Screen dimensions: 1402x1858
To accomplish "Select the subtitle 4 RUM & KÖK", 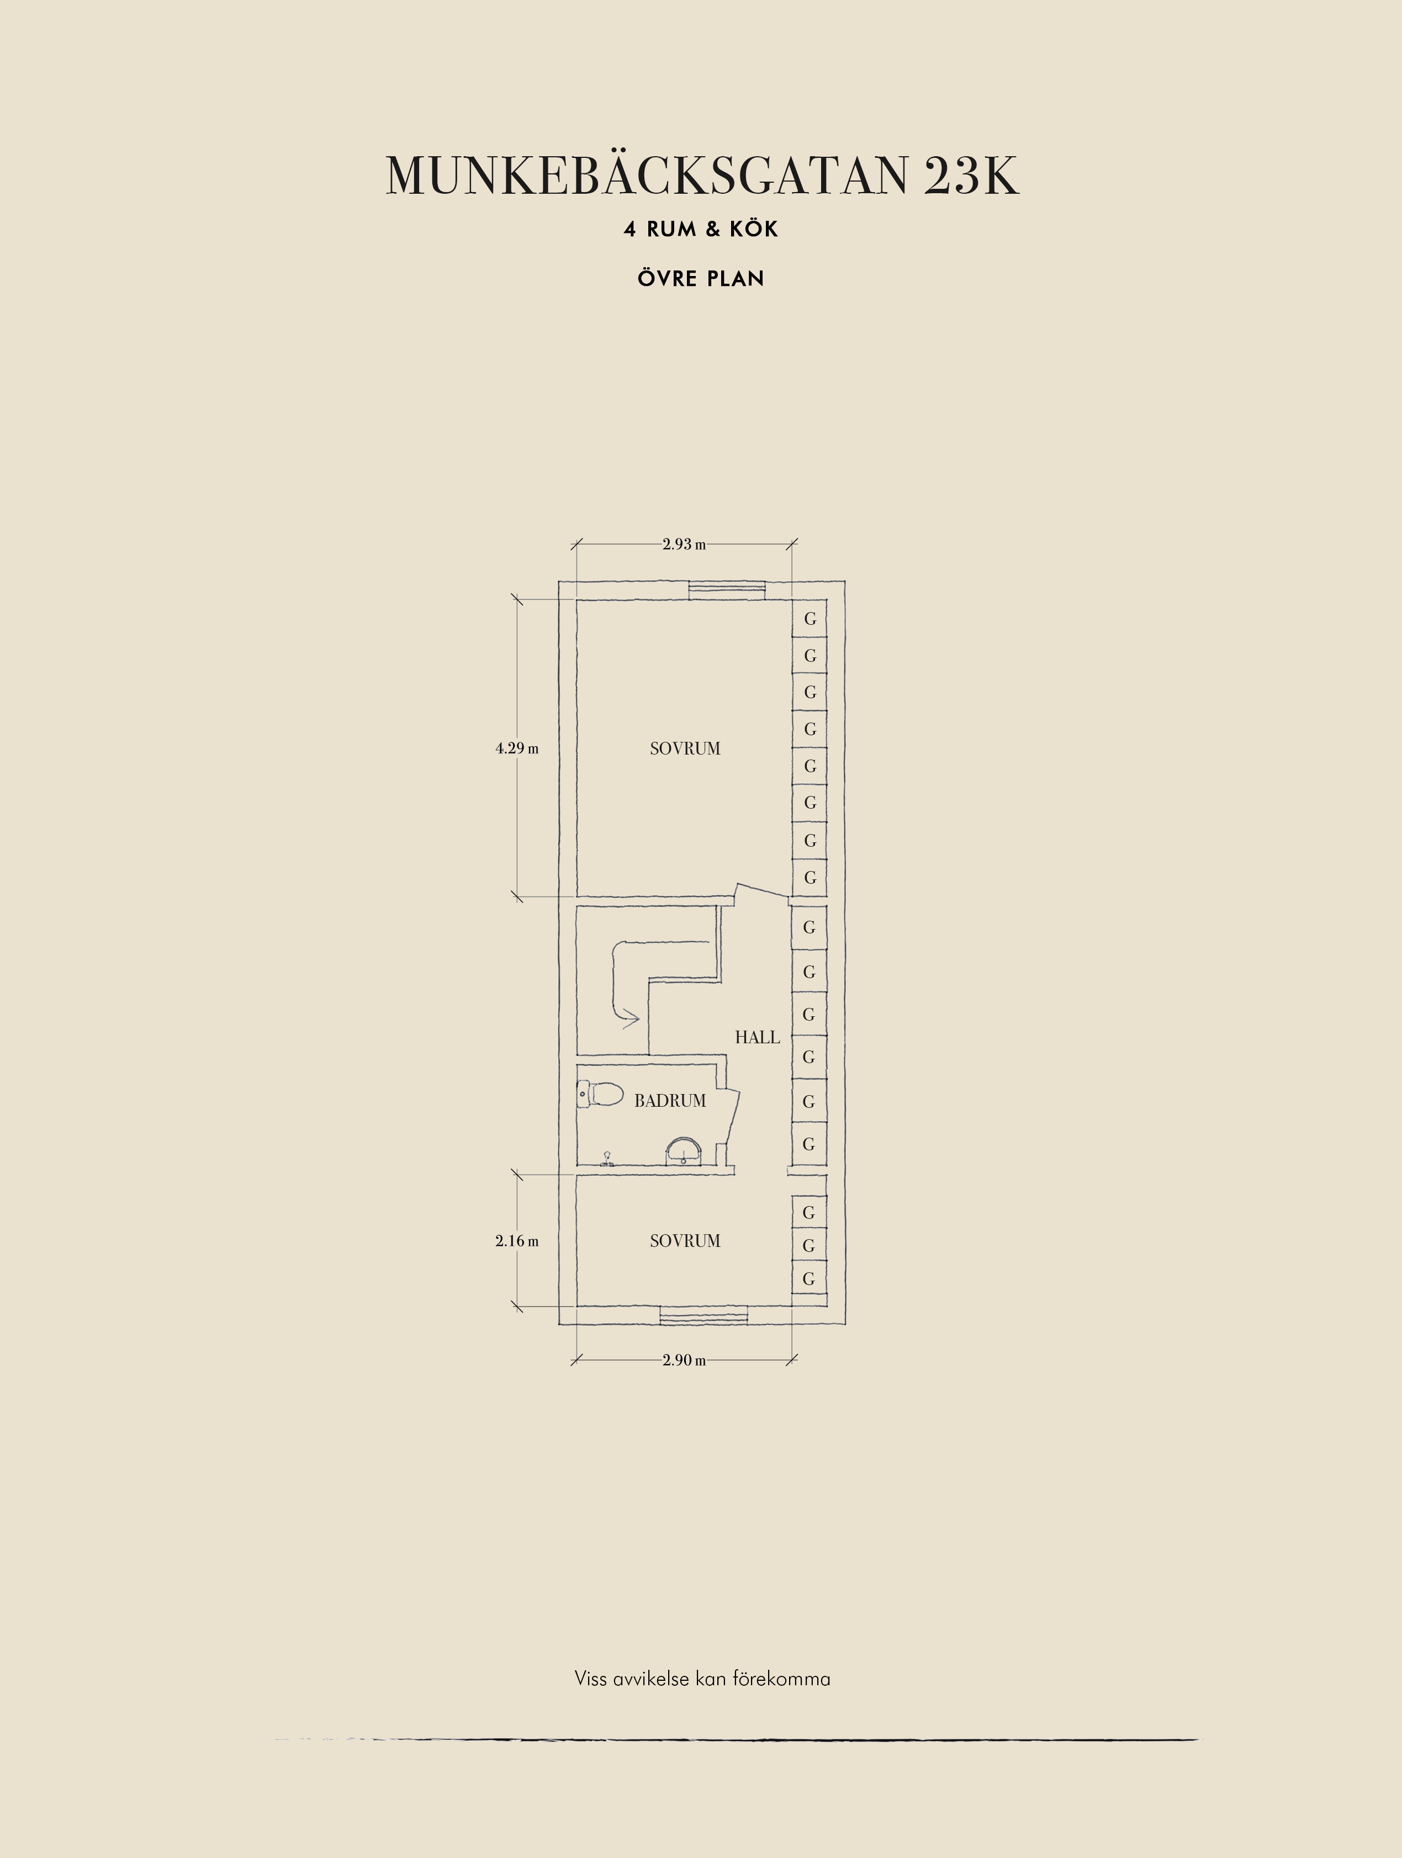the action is pyautogui.click(x=701, y=229).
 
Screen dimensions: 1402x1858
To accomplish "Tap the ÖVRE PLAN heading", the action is pyautogui.click(x=701, y=278).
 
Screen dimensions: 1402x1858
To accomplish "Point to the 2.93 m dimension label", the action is pyautogui.click(x=684, y=544).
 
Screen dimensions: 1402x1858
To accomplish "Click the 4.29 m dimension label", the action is pyautogui.click(x=517, y=748).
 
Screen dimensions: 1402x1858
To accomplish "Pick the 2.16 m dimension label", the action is pyautogui.click(x=517, y=1241).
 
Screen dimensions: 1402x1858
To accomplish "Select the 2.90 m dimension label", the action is pyautogui.click(x=684, y=1360).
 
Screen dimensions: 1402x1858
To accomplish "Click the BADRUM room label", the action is pyautogui.click(x=669, y=1100).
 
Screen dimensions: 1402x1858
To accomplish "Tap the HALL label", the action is pyautogui.click(x=757, y=1037).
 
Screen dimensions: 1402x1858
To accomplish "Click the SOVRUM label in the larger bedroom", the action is pyautogui.click(x=685, y=748).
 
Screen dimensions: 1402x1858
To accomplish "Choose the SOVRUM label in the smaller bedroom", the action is pyautogui.click(x=685, y=1241).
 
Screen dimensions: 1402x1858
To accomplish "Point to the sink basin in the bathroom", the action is pyautogui.click(x=684, y=1151).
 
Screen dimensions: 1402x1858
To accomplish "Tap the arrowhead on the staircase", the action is pyautogui.click(x=630, y=1019).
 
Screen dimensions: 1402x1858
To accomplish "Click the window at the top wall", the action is pyautogui.click(x=727, y=590).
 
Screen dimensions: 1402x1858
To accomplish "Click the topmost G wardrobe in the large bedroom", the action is pyautogui.click(x=810, y=619).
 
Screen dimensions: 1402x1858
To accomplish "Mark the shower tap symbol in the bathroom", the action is pyautogui.click(x=606, y=1160).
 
